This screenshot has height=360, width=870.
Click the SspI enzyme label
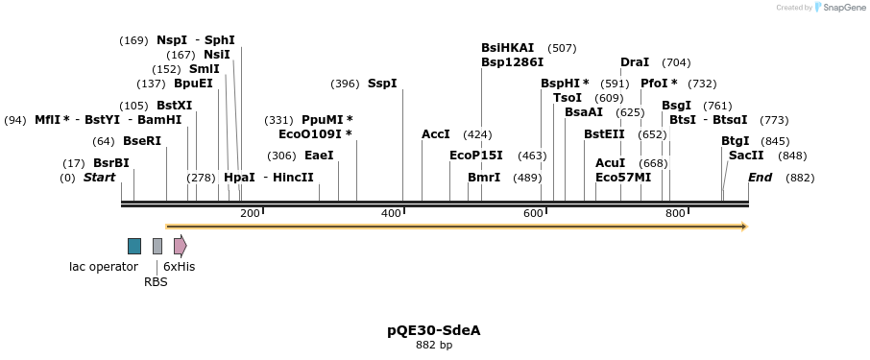382,84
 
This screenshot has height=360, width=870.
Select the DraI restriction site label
635,62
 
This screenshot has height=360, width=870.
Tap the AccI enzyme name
436,134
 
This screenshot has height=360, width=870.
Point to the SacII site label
746,156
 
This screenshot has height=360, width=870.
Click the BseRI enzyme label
142,141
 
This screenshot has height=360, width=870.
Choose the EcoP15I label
476,156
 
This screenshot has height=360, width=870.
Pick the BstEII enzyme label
604,134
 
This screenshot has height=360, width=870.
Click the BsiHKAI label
508,48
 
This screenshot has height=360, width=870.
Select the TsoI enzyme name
568,98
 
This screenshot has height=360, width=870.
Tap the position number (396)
345,84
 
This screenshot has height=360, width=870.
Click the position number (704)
676,62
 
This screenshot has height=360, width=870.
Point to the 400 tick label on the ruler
391,213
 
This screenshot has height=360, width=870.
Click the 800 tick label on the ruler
675,213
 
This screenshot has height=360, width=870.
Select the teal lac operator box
134,246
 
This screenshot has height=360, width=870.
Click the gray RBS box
157,246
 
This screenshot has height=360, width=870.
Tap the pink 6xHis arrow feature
180,246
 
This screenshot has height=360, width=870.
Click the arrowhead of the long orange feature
742,227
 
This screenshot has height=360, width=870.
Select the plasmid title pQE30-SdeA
434,330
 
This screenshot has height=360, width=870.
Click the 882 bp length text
434,346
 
